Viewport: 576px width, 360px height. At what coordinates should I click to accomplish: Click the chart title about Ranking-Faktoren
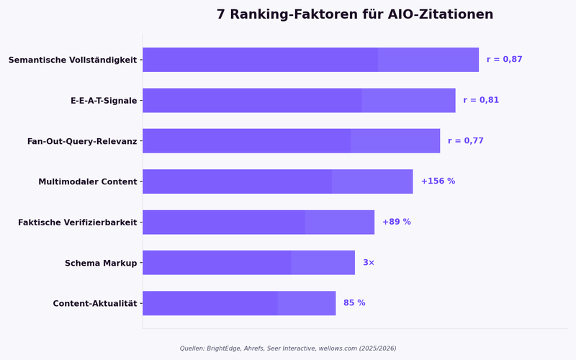click(355, 15)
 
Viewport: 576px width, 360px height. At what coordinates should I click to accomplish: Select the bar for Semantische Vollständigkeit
click(310, 60)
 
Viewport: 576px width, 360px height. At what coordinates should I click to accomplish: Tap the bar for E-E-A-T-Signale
click(299, 101)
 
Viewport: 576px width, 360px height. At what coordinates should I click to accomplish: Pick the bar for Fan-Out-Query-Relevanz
click(291, 141)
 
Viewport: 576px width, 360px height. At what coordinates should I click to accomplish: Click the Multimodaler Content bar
click(277, 181)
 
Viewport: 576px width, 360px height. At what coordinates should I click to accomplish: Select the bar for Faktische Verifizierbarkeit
click(258, 222)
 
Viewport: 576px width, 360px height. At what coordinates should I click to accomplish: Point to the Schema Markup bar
click(248, 263)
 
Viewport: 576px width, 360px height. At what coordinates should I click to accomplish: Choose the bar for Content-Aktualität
click(239, 303)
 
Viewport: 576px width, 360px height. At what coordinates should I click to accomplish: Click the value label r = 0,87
click(504, 60)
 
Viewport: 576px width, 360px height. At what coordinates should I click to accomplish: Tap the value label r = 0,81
click(481, 101)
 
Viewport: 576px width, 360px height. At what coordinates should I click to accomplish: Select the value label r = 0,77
click(465, 141)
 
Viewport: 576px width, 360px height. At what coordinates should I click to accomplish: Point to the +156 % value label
click(438, 181)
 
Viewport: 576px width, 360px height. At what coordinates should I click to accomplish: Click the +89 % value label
click(396, 222)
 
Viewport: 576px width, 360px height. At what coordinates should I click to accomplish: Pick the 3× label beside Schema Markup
click(369, 263)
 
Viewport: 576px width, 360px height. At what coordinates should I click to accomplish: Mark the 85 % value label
click(354, 303)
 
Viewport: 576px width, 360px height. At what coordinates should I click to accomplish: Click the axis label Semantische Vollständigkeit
click(72, 60)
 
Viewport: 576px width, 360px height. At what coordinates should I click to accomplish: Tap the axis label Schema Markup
click(101, 264)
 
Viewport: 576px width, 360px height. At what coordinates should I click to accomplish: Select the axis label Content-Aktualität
click(94, 304)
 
